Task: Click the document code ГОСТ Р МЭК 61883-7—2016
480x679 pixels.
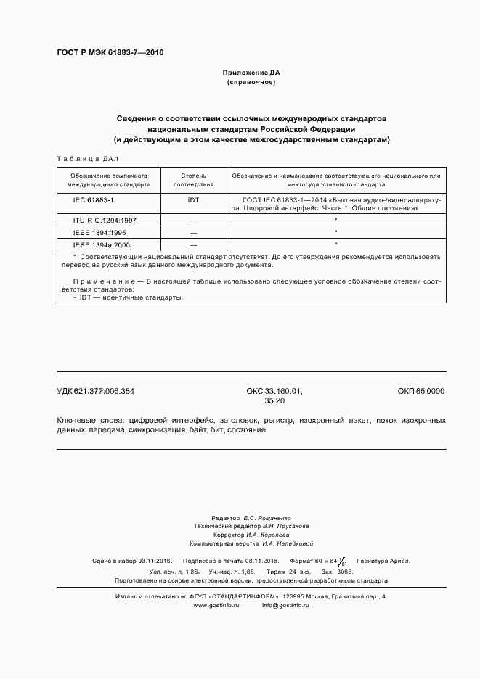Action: tap(110, 53)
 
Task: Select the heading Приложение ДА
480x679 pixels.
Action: tap(251, 73)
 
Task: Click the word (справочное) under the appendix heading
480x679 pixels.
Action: tap(251, 83)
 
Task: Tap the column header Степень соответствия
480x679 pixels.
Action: tap(193, 180)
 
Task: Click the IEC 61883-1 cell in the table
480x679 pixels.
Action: tap(94, 199)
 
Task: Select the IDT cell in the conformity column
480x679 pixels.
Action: tap(193, 199)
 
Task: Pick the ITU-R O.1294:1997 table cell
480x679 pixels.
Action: tap(105, 219)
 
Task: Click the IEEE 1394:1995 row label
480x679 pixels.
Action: tap(99, 232)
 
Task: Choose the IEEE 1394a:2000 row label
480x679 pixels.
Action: tap(101, 245)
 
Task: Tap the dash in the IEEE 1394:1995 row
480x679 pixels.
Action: tap(193, 232)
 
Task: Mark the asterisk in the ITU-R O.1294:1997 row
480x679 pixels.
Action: tap(335, 219)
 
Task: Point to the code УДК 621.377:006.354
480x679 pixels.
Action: tap(95, 391)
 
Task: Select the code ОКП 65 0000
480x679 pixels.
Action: tap(420, 391)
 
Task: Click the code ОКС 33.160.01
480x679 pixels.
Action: tap(274, 391)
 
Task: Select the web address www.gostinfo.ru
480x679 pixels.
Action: tap(216, 605)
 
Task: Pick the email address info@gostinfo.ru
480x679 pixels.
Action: tap(285, 605)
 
